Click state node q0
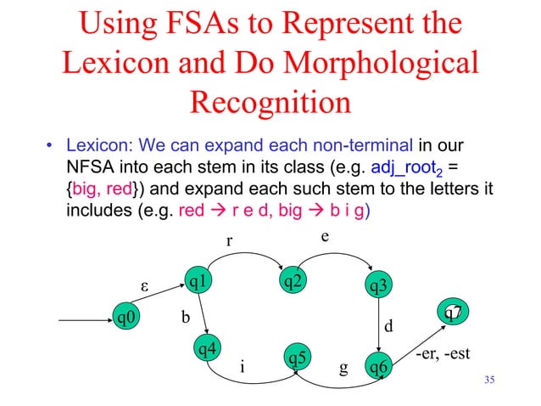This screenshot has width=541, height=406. coord(129,319)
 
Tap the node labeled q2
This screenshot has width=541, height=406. coord(293,280)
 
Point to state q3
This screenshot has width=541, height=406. coord(377,287)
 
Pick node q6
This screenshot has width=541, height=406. coord(377,366)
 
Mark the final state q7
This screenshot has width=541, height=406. coord(453,313)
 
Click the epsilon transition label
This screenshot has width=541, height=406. coord(145,281)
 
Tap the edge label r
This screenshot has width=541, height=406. coord(228,241)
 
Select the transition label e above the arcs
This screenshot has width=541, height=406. coord(325,233)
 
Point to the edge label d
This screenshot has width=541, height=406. coord(389,326)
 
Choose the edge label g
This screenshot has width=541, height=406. coord(343,368)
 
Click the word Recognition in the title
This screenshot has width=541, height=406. coord(270,103)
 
